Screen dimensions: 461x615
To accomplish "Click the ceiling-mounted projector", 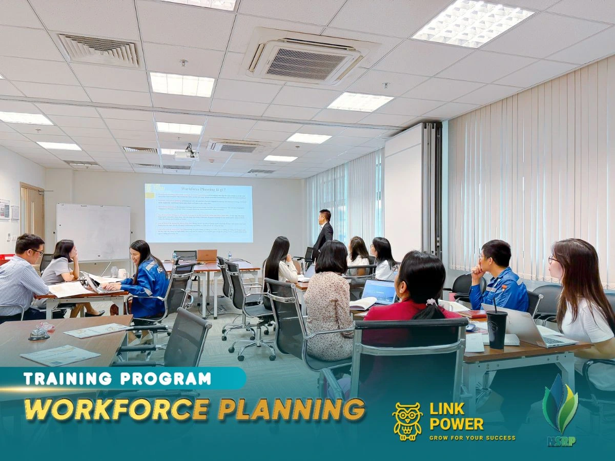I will [x=187, y=155].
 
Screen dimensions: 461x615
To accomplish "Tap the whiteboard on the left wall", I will [x=93, y=231].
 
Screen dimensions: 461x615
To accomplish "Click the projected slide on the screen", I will [x=198, y=213].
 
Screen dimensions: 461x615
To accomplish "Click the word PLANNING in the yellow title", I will [x=291, y=409].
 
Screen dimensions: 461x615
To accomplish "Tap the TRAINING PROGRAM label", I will [x=117, y=379].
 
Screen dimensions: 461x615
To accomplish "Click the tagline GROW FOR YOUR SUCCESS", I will [x=472, y=438].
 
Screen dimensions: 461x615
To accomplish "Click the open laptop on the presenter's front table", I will [x=207, y=256].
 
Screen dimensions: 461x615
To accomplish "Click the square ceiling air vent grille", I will [x=99, y=50].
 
